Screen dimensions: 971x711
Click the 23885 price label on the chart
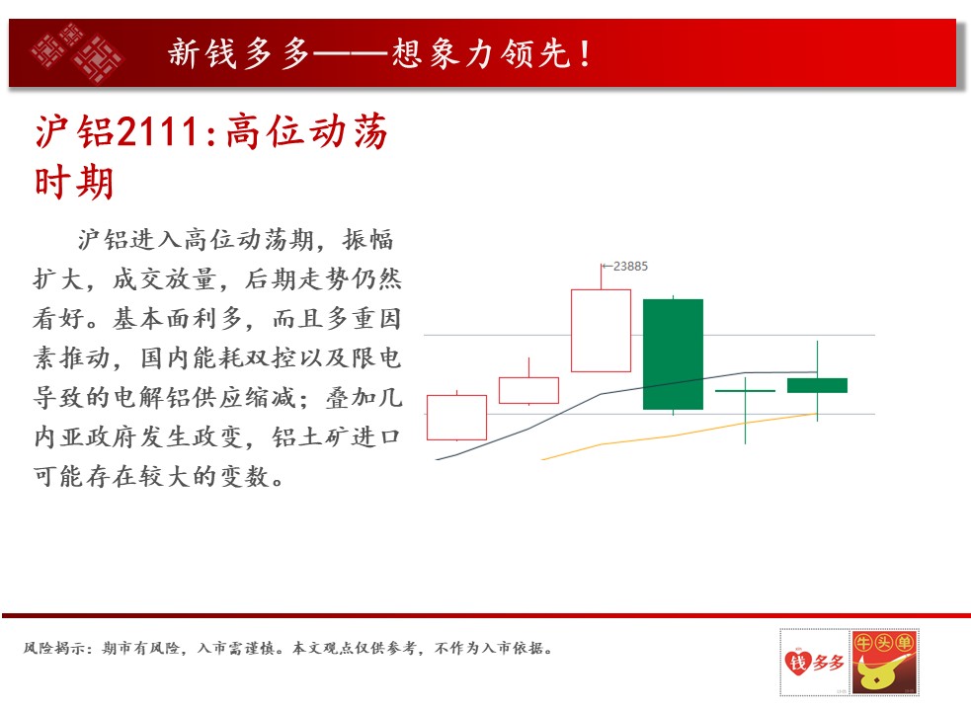pos(630,267)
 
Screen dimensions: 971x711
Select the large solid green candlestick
pos(673,355)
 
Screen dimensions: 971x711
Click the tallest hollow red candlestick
pos(601,330)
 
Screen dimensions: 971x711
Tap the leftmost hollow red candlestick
pos(457,418)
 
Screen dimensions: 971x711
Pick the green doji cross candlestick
pos(745,391)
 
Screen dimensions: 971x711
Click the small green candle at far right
pos(818,385)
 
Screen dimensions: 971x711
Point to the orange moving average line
pos(680,435)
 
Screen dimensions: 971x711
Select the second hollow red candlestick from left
pos(528,390)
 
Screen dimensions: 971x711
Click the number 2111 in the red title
pos(157,131)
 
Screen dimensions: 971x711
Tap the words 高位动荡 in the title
pos(306,131)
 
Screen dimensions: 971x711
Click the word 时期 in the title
pos(74,183)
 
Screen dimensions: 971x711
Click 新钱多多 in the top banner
pos(239,53)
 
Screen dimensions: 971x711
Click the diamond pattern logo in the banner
pos(77,52)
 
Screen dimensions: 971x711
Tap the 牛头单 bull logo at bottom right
pos(885,662)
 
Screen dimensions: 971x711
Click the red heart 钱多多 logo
pos(814,662)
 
